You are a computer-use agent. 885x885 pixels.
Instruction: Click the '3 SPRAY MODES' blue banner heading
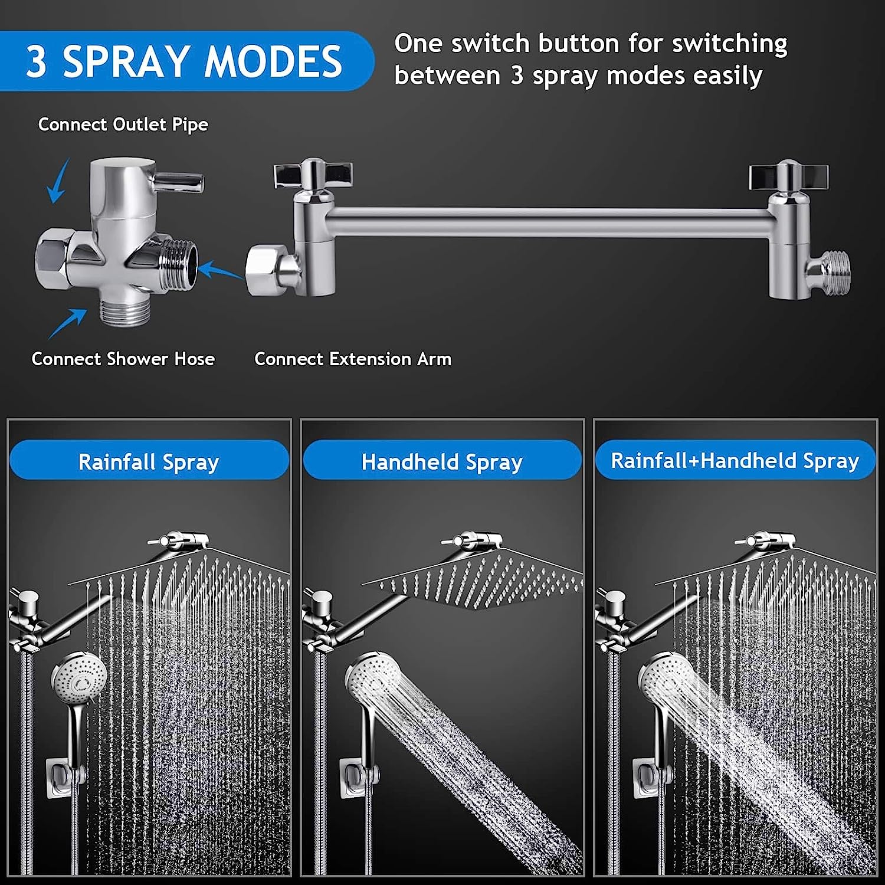(183, 61)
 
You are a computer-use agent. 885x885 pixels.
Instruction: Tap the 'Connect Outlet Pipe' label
(123, 124)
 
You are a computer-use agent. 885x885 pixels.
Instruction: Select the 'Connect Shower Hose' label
(123, 359)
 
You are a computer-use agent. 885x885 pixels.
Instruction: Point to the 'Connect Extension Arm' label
(353, 359)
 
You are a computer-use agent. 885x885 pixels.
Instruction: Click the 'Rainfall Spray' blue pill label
(149, 461)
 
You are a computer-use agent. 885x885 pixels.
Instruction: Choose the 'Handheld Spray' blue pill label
(442, 461)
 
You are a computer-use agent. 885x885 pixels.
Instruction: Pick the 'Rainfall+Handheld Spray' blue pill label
(735, 460)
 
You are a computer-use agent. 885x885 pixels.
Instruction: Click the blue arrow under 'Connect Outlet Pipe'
(58, 181)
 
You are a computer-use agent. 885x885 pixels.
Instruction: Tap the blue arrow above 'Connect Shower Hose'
(67, 323)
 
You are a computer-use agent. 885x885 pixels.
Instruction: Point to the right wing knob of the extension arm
(789, 175)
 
